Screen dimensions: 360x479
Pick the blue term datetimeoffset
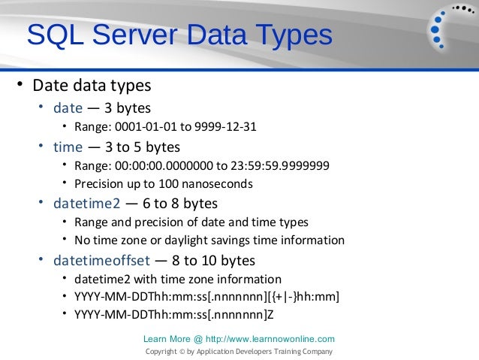point(100,261)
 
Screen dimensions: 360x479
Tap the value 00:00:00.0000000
point(158,165)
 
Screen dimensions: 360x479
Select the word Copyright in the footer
point(160,352)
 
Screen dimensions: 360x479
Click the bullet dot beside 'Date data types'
point(22,84)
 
